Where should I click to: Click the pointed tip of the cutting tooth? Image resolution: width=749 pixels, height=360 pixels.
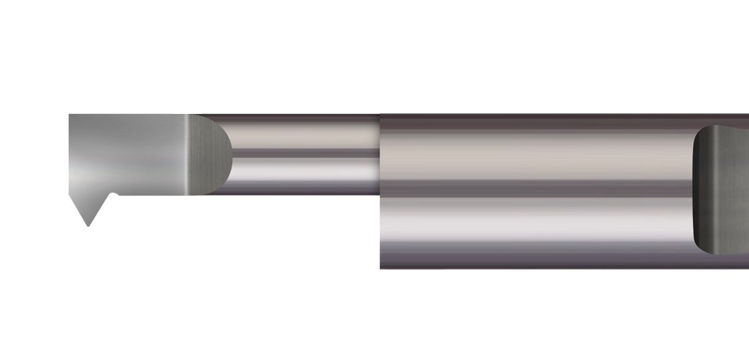click(x=88, y=225)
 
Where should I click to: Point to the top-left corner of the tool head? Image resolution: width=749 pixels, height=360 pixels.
click(x=70, y=115)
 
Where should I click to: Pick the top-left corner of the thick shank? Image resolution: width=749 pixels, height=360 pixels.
click(x=380, y=115)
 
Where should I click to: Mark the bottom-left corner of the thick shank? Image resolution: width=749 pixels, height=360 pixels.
click(x=380, y=268)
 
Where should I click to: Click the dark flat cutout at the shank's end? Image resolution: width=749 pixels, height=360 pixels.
click(x=723, y=190)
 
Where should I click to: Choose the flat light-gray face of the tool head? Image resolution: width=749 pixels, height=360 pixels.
click(x=127, y=153)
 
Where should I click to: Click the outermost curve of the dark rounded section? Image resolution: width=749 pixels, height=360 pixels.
click(x=232, y=155)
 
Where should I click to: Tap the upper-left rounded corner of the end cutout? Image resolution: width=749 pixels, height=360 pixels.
click(x=698, y=131)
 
